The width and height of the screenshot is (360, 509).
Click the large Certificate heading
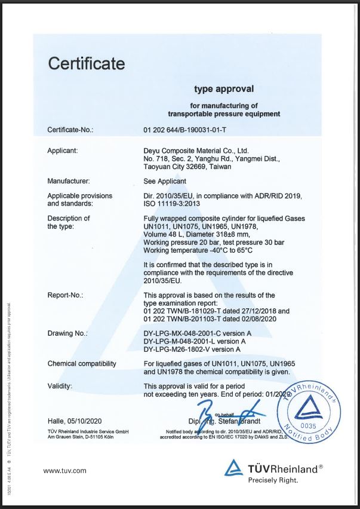86,63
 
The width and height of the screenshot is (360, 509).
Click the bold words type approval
224,89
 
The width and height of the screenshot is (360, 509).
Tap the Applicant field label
63,151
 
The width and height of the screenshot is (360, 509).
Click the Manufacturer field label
69,180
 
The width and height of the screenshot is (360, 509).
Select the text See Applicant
165,180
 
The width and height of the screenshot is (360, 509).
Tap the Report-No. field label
65,295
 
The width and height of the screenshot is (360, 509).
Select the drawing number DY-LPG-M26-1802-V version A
192,349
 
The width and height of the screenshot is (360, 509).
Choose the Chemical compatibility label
82,364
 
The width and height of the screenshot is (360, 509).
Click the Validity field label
60,387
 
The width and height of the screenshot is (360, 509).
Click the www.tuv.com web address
65,471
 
